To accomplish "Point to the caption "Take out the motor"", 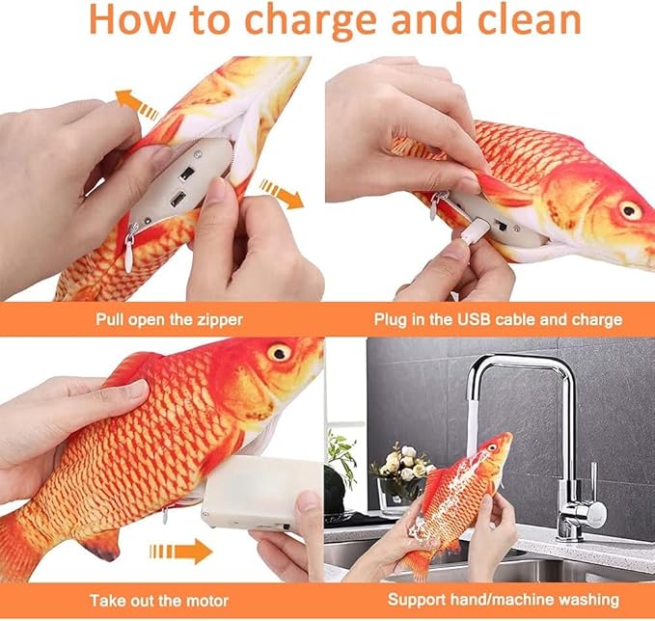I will click(x=163, y=600).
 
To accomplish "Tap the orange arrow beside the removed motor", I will click(x=180, y=552).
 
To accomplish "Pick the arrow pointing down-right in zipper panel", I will click(x=281, y=193).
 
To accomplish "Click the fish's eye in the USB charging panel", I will click(x=630, y=209).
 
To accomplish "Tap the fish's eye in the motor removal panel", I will click(x=280, y=352).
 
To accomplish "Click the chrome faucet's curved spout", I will click(x=511, y=371).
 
